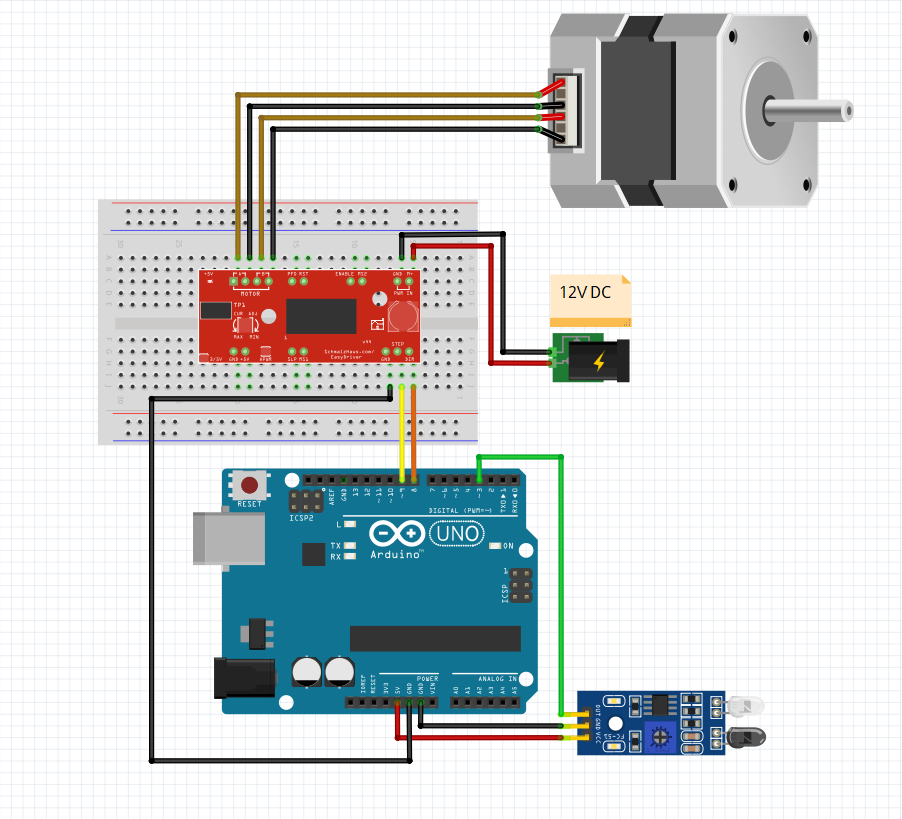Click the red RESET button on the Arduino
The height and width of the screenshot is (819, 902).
250,485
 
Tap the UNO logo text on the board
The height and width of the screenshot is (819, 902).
461,535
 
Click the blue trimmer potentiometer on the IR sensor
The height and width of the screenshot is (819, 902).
658,735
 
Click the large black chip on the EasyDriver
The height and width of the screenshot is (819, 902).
321,315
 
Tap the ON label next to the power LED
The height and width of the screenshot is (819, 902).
508,546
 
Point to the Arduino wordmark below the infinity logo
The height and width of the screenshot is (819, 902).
396,554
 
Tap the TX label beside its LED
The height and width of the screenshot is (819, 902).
336,545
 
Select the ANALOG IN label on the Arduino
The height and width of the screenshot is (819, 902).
496,678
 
